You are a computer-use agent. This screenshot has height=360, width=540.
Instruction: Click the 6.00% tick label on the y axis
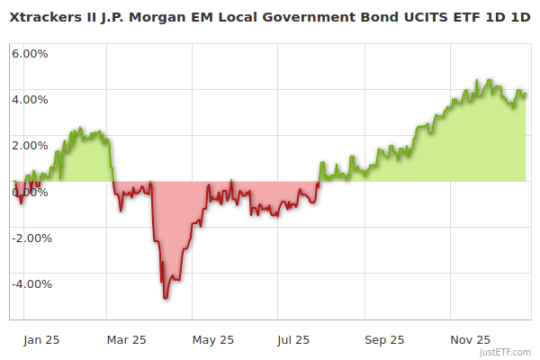pos(30,53)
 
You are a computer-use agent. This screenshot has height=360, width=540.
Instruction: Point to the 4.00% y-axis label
pos(30,99)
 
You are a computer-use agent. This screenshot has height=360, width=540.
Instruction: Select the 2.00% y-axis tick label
pos(30,145)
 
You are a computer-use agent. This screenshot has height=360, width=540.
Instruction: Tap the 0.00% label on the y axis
pos(30,192)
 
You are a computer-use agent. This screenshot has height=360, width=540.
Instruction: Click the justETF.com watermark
pos(507,352)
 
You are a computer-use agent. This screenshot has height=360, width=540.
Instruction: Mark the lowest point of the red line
pos(166,298)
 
